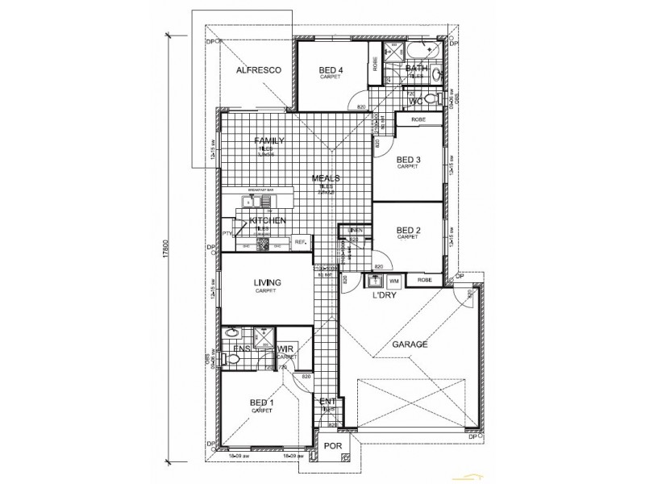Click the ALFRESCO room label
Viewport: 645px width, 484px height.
point(257,71)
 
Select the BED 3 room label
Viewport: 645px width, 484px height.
point(409,160)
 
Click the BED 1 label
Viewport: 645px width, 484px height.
point(261,403)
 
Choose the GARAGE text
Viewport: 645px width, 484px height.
point(409,344)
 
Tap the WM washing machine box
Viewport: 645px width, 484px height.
point(394,281)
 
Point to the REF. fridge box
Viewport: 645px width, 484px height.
point(299,241)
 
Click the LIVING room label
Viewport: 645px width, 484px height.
point(266,282)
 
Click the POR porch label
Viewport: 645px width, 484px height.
point(330,446)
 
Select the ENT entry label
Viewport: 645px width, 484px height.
point(327,402)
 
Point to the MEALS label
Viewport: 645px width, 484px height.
point(326,179)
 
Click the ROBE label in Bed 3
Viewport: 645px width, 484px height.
point(418,119)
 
